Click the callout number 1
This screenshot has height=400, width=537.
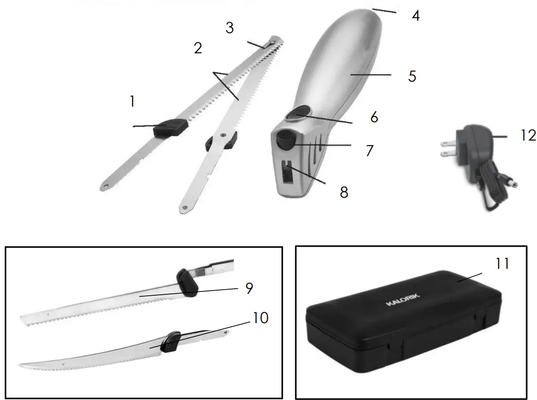[133, 101]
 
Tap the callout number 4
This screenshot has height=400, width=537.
[415, 16]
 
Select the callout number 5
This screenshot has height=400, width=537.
[412, 76]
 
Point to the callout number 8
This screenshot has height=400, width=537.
[344, 192]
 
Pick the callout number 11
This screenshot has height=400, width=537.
[503, 264]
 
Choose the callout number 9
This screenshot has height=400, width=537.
[249, 288]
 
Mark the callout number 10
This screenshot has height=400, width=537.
[260, 318]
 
